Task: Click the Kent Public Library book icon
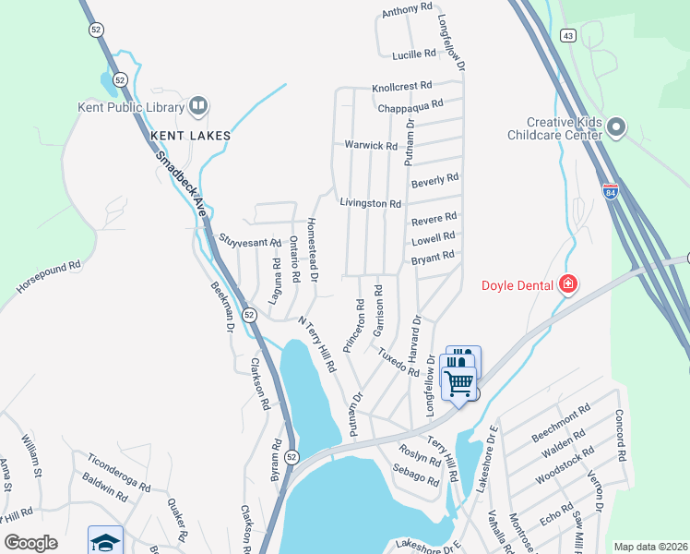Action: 197,107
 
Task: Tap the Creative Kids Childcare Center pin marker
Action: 617,128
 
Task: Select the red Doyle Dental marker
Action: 567,283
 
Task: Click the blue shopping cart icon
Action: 458,381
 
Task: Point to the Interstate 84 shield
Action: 610,192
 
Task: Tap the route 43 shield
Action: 568,35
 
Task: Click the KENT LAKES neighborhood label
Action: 190,136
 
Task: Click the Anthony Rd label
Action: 407,10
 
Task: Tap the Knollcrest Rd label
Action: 402,88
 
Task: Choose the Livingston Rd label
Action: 370,202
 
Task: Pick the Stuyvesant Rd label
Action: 249,241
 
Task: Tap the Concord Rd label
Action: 620,436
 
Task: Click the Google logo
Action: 30,542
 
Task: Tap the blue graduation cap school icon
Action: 105,541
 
